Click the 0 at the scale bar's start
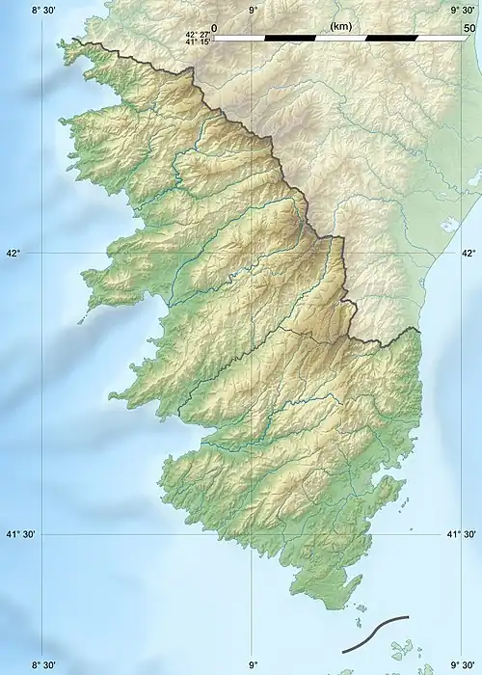coord(213,28)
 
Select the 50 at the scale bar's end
coord(469,28)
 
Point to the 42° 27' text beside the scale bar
coord(198,34)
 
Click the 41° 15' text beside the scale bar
coord(198,42)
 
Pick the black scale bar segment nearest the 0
coord(289,38)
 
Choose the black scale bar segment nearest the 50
coord(391,38)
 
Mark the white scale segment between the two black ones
coord(340,38)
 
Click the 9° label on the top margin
coord(253,10)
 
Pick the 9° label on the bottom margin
coord(253,664)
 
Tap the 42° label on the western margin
coord(13,254)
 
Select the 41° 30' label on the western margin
coord(20,534)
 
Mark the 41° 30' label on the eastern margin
coord(462,534)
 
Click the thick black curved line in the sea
coord(375,634)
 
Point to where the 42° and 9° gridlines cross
coord(252,253)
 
